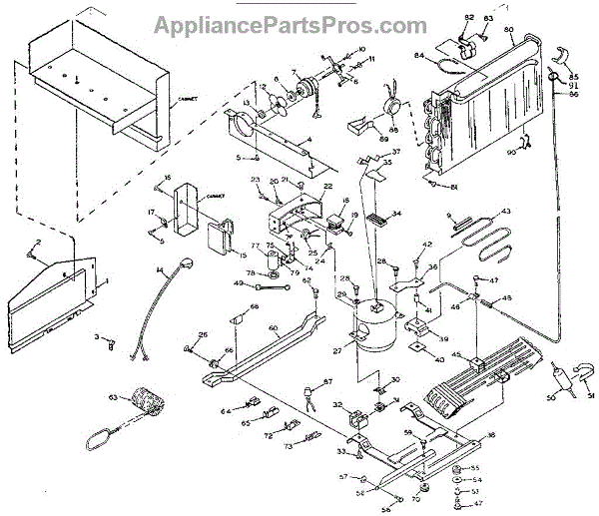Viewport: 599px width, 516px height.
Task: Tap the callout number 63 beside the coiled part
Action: pos(113,398)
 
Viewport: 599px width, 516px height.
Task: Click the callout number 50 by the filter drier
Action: pos(548,398)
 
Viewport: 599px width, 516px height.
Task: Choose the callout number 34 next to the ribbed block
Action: pos(396,214)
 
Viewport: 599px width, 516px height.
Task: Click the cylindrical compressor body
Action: pos(380,329)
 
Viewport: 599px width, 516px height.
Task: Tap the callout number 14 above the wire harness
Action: pos(158,270)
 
